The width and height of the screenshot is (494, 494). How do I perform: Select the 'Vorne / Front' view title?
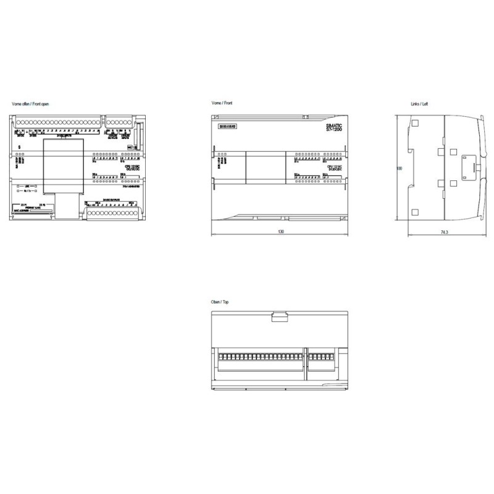[x=222, y=104]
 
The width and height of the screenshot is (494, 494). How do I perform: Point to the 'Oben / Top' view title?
[x=220, y=303]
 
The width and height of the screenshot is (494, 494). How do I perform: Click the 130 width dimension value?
[x=281, y=232]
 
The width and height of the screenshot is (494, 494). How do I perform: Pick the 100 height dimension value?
[x=400, y=168]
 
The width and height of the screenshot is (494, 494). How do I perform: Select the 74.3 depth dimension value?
[x=444, y=232]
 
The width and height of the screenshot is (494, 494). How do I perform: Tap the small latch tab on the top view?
[x=280, y=317]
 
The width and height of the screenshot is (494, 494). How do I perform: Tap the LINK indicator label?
[x=27, y=185]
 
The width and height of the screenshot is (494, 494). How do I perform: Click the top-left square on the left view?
[x=415, y=124]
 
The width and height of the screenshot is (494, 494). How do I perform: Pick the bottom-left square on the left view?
[x=415, y=212]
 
